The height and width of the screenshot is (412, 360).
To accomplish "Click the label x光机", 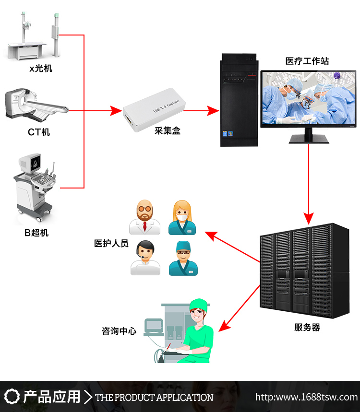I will pyautogui.click(x=41, y=69).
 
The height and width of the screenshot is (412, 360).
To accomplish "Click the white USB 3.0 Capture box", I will pyautogui.click(x=150, y=111).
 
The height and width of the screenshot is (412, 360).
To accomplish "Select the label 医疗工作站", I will pyautogui.click(x=307, y=61).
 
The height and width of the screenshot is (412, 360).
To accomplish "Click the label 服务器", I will pyautogui.click(x=307, y=328).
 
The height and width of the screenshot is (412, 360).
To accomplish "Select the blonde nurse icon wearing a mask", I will pyautogui.click(x=183, y=217).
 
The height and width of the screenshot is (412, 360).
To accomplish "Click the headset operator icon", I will pyautogui.click(x=145, y=258).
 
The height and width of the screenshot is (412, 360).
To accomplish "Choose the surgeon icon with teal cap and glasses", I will pyautogui.click(x=183, y=258).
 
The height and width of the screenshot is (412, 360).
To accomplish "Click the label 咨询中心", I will pyautogui.click(x=119, y=331).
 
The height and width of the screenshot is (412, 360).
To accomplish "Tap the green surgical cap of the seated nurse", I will pyautogui.click(x=198, y=304).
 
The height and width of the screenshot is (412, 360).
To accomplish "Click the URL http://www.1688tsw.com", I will pyautogui.click(x=306, y=397).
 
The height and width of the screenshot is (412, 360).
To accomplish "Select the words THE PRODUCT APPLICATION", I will pyautogui.click(x=154, y=398).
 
